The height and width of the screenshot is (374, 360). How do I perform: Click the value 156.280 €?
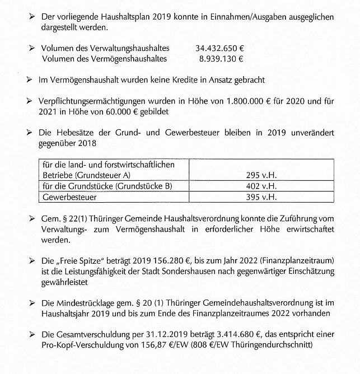pos(172,261)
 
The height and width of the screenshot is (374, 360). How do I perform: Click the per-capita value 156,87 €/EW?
pos(159,344)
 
